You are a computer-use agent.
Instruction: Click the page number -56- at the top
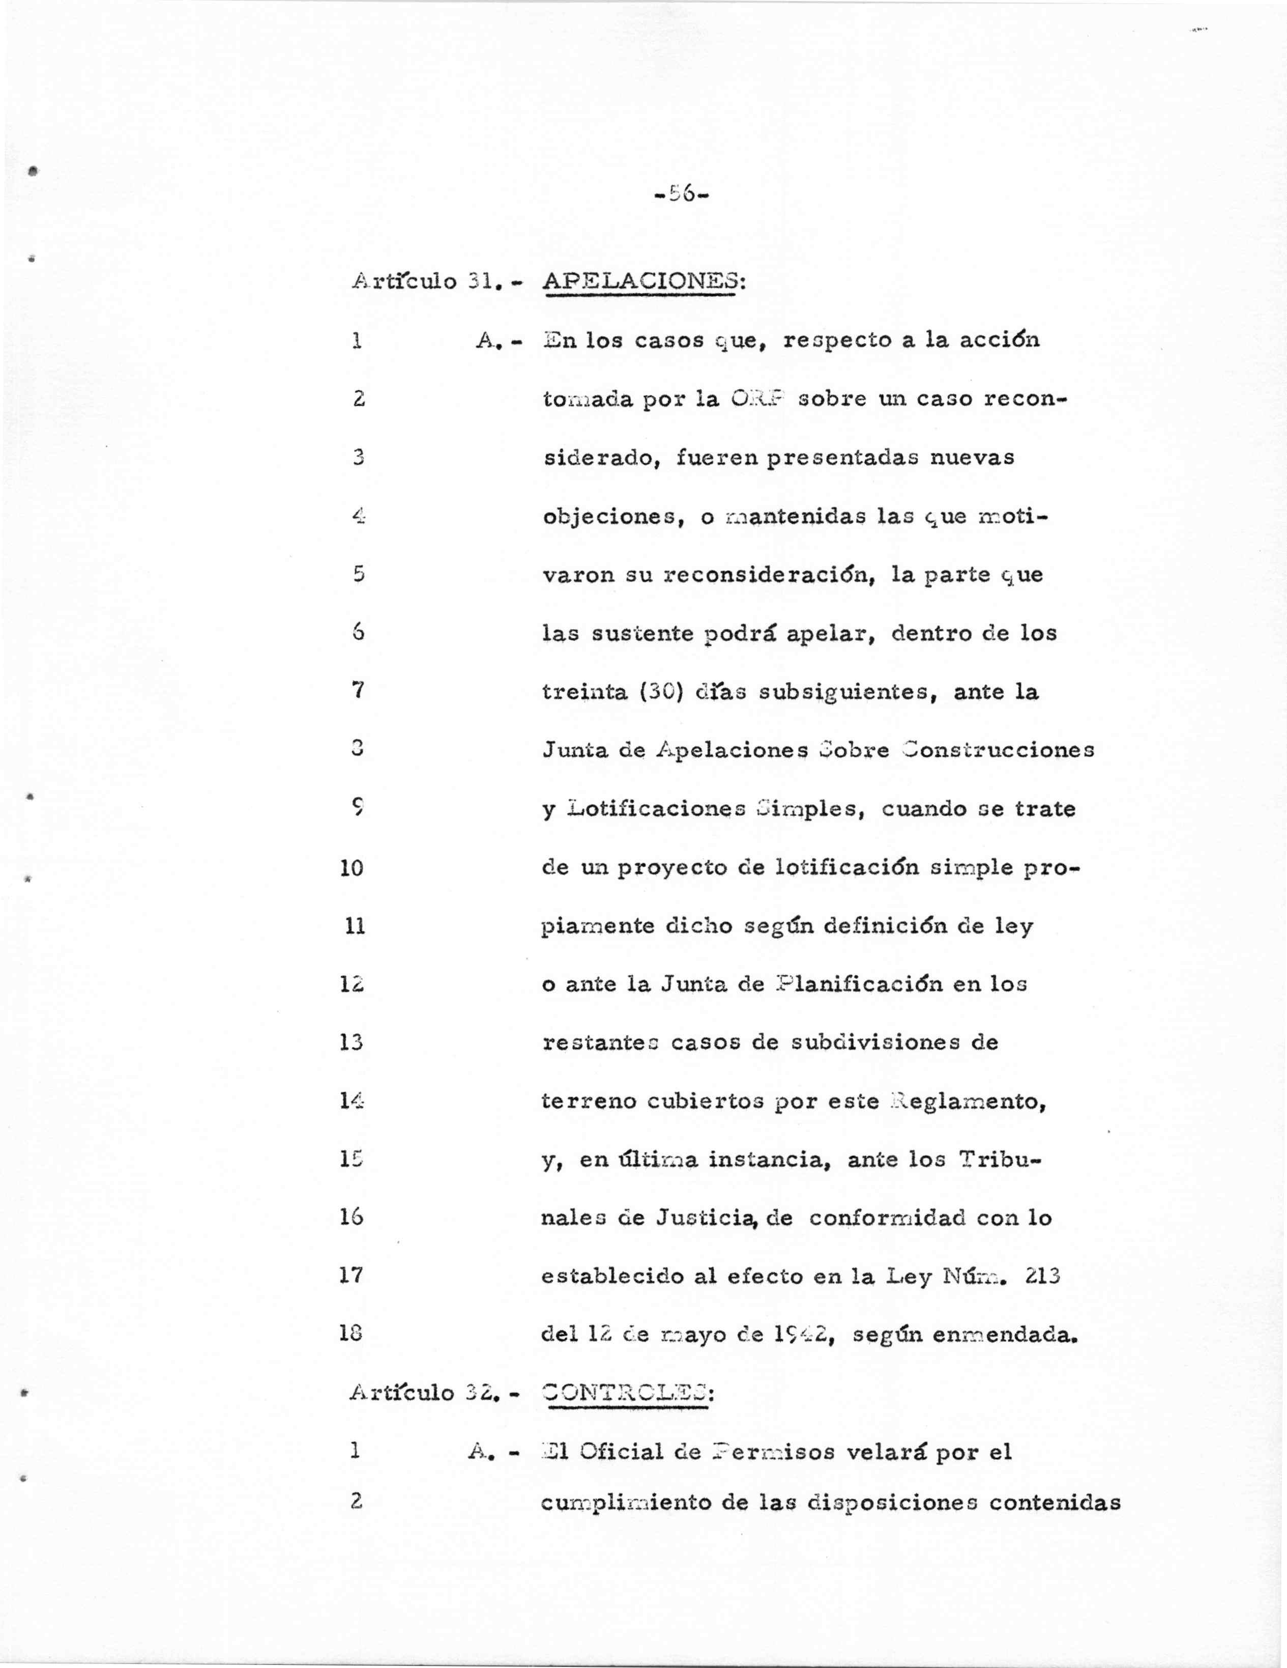(x=682, y=195)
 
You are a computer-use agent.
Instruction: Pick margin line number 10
(x=352, y=868)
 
